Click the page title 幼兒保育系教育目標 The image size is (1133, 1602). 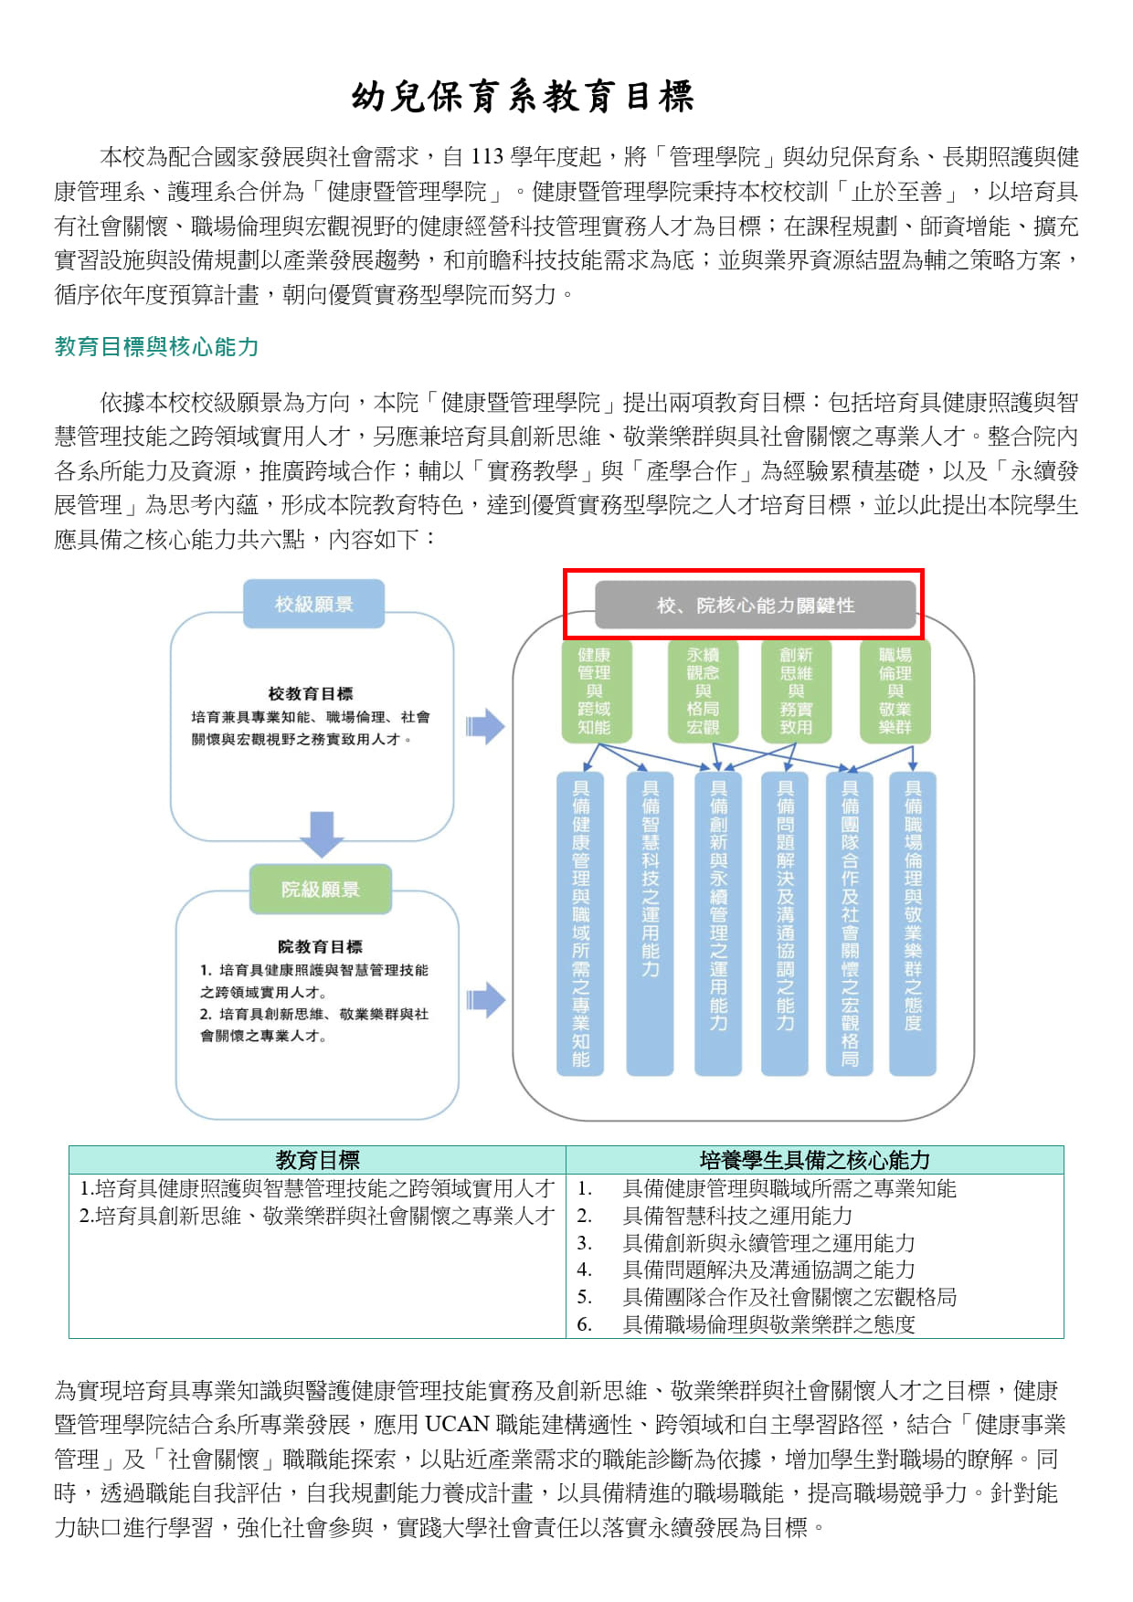coord(523,96)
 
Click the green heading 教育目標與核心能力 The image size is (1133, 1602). coord(157,347)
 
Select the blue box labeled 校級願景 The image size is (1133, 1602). coord(313,604)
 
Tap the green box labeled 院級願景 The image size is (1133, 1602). coord(320,889)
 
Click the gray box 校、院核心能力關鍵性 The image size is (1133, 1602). coord(756,605)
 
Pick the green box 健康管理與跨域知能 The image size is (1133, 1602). coord(594,690)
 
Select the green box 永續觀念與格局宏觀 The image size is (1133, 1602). coord(703,690)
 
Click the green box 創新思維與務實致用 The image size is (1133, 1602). coord(795,690)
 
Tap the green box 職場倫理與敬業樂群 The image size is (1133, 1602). coord(895,690)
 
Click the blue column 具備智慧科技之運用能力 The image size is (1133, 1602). coord(650,923)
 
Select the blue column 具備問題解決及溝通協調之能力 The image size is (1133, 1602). coord(785,923)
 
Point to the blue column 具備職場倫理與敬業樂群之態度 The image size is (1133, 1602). coord(913,923)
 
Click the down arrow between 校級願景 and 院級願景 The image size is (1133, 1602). coord(322,833)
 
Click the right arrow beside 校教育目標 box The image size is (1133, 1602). coord(485,726)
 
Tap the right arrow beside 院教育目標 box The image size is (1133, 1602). coord(485,1000)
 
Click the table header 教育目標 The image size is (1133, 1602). coord(318,1160)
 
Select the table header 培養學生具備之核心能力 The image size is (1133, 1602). coord(814,1160)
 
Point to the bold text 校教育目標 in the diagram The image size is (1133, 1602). coord(311,694)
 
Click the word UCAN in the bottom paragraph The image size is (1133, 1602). coord(457,1425)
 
